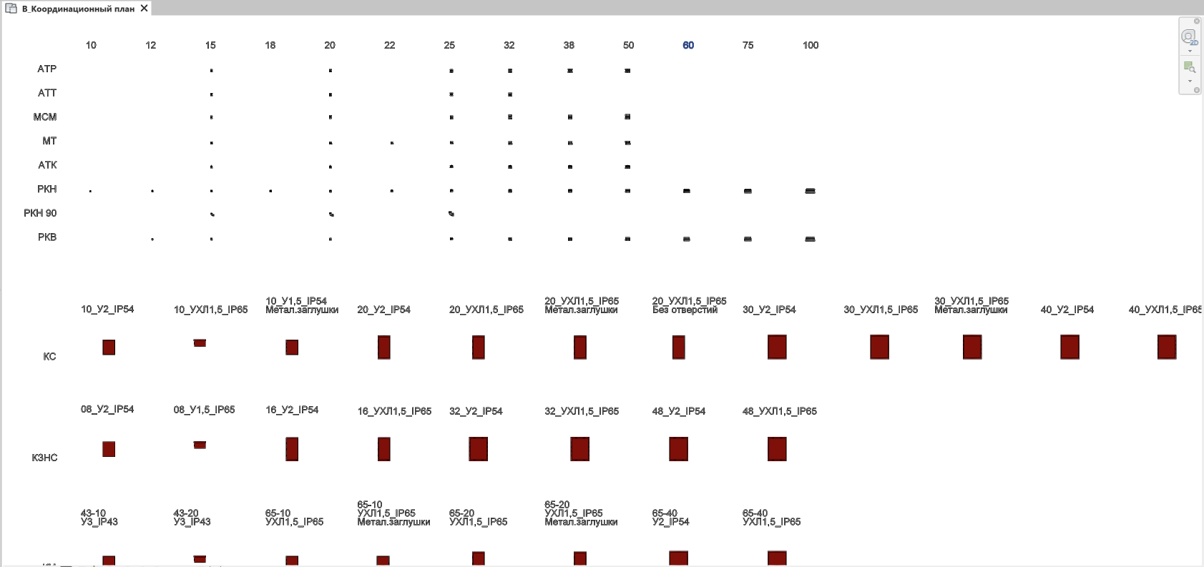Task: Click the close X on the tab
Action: click(145, 8)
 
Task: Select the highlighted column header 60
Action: click(688, 45)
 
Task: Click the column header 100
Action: click(810, 45)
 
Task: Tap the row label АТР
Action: click(47, 69)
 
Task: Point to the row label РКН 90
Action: click(40, 213)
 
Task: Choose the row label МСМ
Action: click(44, 117)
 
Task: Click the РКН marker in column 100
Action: click(810, 191)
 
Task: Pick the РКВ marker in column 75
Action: click(748, 239)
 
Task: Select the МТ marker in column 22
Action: click(392, 143)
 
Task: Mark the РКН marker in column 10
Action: click(90, 191)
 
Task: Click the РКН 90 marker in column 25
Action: click(451, 214)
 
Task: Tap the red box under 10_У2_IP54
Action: click(109, 347)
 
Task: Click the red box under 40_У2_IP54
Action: click(1070, 347)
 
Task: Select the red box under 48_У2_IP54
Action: click(678, 449)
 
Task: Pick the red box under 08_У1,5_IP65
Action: click(200, 445)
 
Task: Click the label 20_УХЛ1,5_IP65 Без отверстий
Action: click(688, 305)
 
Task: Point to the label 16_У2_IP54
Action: click(292, 410)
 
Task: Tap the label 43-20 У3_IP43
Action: click(192, 518)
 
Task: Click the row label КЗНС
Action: click(44, 458)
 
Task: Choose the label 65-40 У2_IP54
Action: click(670, 518)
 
